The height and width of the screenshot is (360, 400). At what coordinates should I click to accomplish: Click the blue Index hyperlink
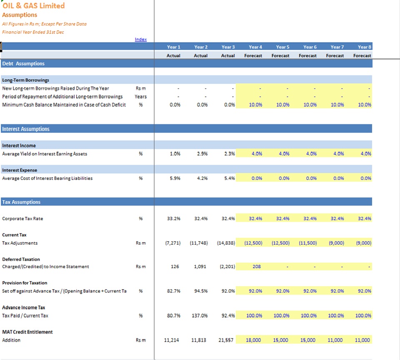pos(140,39)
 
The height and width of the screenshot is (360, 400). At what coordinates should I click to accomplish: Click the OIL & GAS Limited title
pos(33,5)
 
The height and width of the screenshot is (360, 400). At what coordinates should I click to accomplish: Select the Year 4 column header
pos(255,47)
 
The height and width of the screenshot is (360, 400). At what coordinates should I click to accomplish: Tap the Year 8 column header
pos(364,47)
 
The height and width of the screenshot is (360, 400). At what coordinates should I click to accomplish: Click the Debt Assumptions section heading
pos(23,63)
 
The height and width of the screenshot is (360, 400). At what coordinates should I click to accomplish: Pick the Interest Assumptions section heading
pos(26,129)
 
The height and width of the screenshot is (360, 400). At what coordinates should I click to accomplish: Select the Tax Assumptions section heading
pos(21,202)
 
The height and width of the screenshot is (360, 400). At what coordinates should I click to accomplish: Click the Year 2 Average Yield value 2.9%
pos(202,154)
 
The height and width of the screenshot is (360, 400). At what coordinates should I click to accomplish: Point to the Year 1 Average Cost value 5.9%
pos(175,178)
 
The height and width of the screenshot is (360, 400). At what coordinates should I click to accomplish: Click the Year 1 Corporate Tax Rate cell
pos(174,219)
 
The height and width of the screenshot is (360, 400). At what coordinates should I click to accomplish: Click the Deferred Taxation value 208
pos(257,267)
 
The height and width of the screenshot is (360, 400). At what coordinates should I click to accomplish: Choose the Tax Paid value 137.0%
pos(200,316)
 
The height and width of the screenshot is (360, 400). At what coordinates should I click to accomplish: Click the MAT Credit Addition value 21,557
pos(226,340)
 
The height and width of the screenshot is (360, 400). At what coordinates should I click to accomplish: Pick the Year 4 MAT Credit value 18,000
pos(253,340)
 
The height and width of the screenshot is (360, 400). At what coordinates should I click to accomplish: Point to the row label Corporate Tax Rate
pos(22,219)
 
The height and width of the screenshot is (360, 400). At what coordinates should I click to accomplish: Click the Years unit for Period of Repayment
pos(140,96)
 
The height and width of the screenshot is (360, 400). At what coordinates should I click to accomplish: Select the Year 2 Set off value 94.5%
pos(201,291)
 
